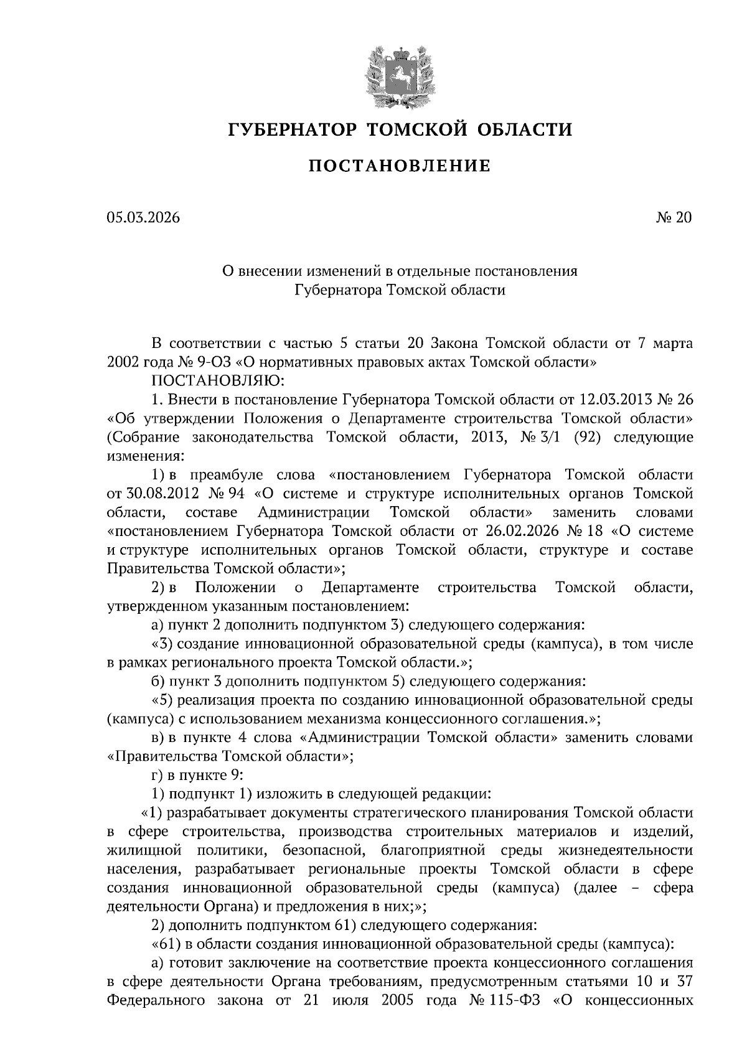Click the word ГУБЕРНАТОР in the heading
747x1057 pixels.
(x=292, y=129)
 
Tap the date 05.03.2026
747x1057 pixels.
(x=143, y=218)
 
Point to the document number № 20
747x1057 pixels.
(x=673, y=218)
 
